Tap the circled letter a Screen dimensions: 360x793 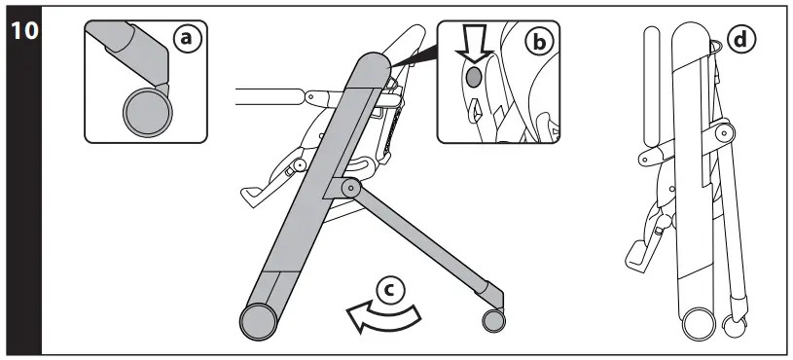click(186, 38)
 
